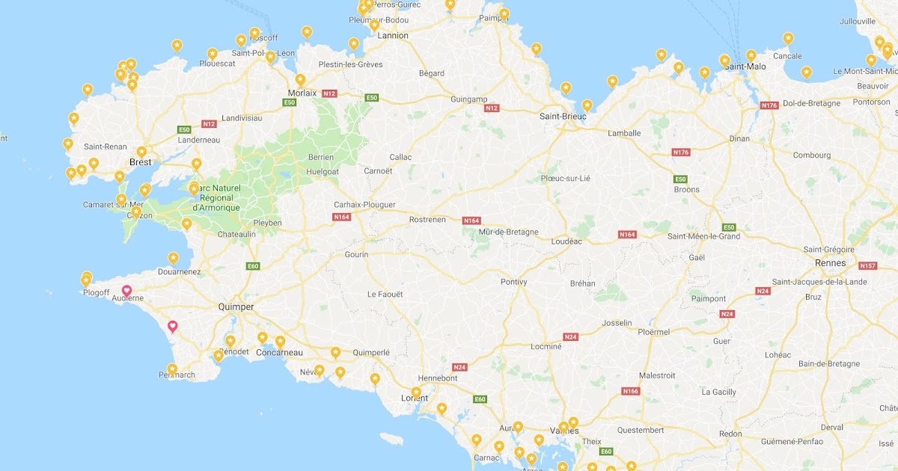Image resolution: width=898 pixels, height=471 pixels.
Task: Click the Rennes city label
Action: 830,262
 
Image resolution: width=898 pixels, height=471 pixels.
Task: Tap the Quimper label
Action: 235,307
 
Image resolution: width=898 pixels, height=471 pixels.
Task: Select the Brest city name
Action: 140,161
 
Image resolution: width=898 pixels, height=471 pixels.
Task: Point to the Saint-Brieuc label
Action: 562,117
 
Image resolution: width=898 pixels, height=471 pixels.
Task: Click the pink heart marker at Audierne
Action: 127,290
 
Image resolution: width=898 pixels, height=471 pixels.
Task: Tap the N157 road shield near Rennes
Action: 867,265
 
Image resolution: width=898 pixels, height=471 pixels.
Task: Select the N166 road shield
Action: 630,391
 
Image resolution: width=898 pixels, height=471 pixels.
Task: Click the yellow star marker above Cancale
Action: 788,37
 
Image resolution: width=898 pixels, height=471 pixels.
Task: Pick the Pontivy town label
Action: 513,282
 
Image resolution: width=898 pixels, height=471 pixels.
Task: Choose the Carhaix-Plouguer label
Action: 364,205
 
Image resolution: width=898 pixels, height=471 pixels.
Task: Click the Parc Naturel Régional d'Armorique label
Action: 216,197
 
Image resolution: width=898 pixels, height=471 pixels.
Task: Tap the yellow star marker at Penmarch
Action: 172,369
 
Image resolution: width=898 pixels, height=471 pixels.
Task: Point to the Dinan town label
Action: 739,138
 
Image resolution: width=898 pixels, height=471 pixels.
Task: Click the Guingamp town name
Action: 469,99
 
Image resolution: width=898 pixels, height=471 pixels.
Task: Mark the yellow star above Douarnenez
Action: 173,258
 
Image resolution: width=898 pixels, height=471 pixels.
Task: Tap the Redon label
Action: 730,434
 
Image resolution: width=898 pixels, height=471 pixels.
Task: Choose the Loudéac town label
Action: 566,241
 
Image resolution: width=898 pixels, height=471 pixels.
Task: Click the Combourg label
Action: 812,156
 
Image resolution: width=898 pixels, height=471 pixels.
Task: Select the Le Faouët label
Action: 385,295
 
